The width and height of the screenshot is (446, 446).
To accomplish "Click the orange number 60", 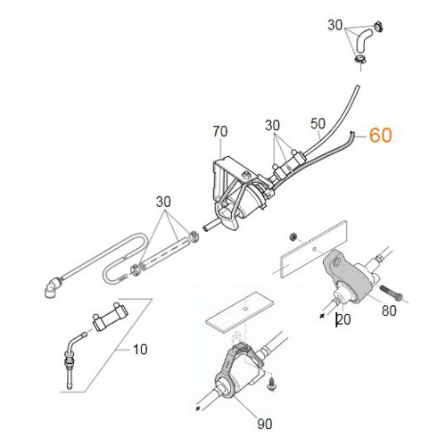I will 380,136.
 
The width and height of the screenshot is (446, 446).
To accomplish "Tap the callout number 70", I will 220,133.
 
